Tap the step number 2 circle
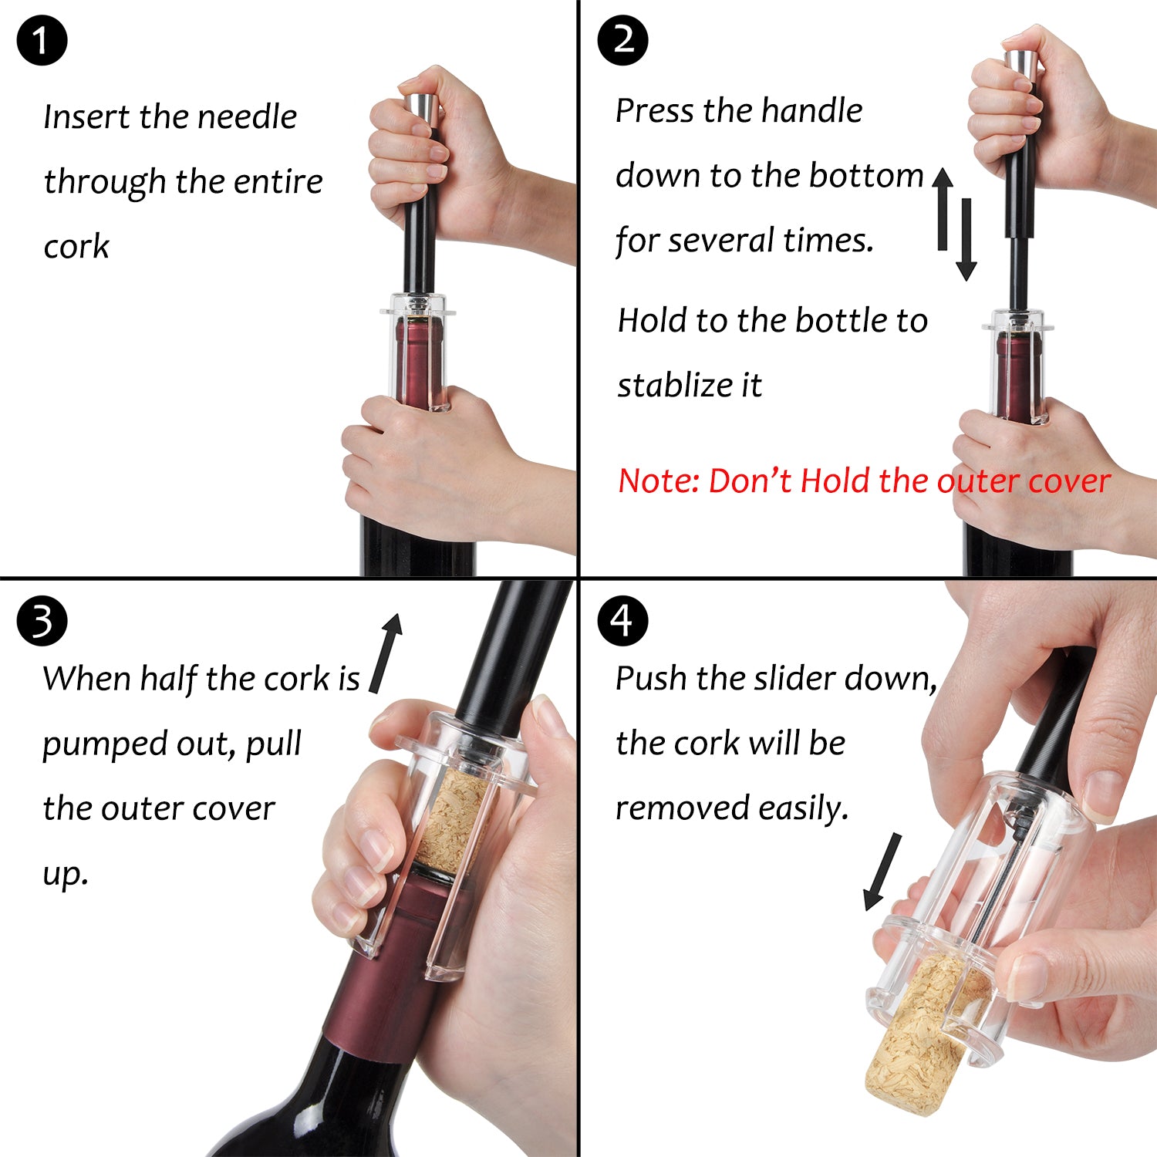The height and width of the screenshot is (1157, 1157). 623,39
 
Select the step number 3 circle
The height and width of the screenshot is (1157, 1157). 42,621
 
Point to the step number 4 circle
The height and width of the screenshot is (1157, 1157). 623,621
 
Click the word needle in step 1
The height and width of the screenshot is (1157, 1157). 247,117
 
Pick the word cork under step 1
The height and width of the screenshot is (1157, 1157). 76,247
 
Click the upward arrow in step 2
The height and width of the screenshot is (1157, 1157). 943,209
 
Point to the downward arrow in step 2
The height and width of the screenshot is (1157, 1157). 966,240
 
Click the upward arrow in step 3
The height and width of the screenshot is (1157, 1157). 386,653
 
